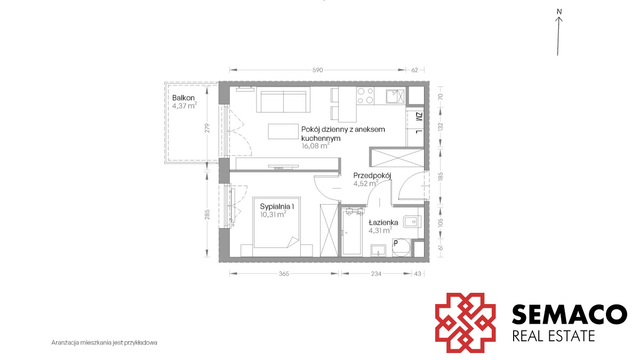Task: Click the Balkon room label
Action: coord(183,98)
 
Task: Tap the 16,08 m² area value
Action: coord(315,146)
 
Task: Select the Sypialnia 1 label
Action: coord(277,206)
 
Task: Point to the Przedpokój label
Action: coord(372,175)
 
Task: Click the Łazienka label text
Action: coord(383,222)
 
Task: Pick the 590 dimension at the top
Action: coord(317,70)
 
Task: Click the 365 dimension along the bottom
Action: coord(284,274)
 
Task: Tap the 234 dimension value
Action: coord(376,274)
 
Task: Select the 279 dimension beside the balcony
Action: coord(207,127)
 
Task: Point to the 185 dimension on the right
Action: coord(441,177)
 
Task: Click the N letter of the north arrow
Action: coord(559,12)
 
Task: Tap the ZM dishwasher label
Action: coord(419,117)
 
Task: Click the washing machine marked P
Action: coord(401,247)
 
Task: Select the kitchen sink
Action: coord(395,96)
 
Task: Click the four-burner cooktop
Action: coord(365,95)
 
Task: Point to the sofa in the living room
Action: coord(283,100)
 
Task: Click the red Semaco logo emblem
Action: coord(465,323)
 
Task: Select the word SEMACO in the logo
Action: coord(569,314)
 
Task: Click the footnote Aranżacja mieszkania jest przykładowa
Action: coord(105,342)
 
